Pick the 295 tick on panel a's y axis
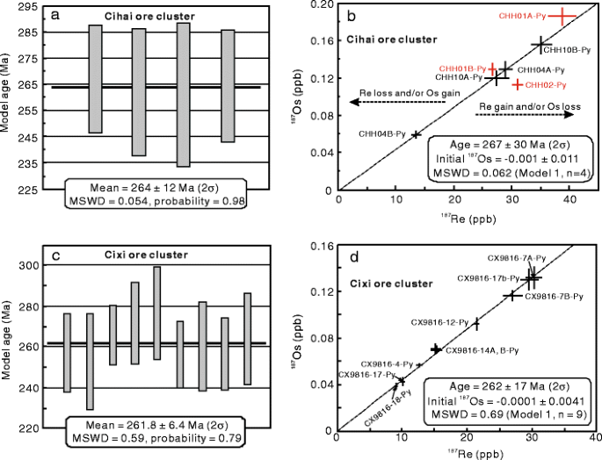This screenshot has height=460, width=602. (x=29, y=6)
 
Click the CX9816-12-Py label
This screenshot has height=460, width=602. (x=439, y=322)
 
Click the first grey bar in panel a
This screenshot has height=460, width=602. (x=96, y=79)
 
